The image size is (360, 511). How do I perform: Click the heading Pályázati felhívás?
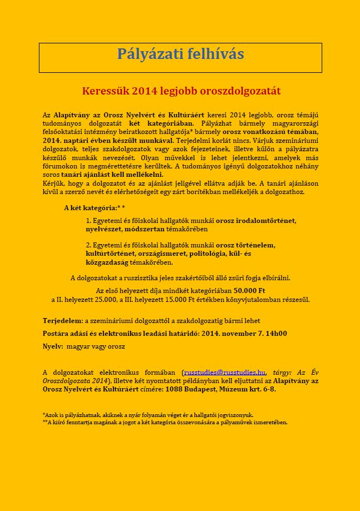click(180, 54)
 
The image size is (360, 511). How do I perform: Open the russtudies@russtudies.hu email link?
click(224, 372)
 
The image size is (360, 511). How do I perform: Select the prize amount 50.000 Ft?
click(249, 291)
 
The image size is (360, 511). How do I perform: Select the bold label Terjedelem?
click(62, 321)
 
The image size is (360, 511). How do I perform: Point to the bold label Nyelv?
click(53, 346)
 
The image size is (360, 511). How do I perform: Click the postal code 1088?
click(174, 389)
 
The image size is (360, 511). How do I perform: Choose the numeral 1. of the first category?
click(88, 221)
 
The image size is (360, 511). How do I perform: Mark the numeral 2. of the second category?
click(88, 245)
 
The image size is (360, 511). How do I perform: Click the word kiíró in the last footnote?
click(59, 423)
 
